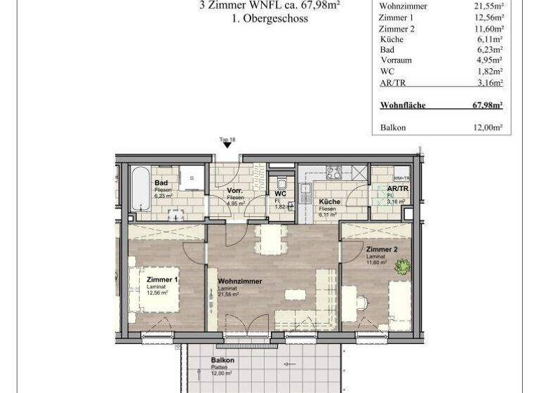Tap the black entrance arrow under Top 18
(x=227, y=145)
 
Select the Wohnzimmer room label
(x=239, y=281)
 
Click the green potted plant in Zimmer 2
(x=403, y=267)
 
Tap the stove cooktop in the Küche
(x=333, y=173)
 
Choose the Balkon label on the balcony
(x=222, y=361)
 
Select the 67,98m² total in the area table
(x=487, y=105)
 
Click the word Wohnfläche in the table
(x=403, y=105)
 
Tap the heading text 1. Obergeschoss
(x=269, y=20)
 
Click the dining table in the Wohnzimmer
(x=271, y=240)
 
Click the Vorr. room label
(x=234, y=192)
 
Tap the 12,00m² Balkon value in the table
(x=487, y=128)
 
